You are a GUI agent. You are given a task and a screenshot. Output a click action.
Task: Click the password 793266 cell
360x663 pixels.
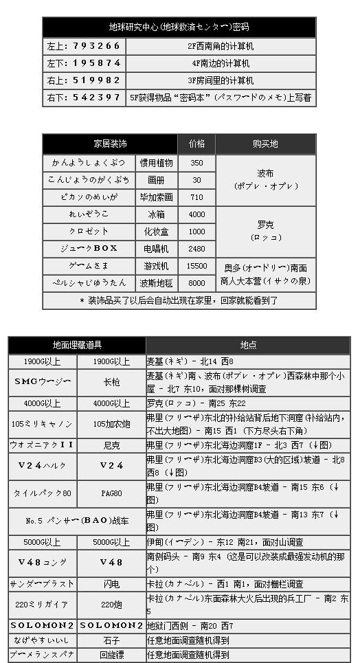point(84,46)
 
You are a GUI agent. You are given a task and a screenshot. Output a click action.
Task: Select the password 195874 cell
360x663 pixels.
point(84,63)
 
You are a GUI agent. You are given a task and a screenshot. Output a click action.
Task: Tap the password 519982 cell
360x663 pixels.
point(84,80)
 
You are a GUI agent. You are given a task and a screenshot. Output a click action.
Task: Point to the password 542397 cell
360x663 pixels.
point(84,98)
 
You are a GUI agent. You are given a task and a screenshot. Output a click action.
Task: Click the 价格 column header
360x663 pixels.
point(196,144)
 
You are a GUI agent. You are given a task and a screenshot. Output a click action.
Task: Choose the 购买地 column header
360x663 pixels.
point(265,144)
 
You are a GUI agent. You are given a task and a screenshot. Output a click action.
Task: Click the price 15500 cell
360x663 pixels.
point(196,266)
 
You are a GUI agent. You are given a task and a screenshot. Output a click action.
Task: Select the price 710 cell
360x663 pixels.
point(196,197)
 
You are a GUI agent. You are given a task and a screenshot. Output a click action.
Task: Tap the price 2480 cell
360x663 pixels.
point(196,249)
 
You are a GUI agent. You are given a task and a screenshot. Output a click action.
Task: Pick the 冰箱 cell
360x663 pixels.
point(157,214)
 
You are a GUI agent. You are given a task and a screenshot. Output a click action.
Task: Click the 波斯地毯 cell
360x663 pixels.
point(157,283)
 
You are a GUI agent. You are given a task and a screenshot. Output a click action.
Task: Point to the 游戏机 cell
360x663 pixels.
point(157,266)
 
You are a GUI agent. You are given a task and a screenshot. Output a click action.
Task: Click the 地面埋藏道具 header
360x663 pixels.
point(76,345)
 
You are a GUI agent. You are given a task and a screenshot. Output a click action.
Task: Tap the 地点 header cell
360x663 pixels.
point(247,345)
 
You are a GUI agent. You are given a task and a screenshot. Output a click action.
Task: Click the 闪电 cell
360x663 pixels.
point(111,583)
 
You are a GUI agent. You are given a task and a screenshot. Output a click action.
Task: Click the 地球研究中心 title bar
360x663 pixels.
point(179,27)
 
